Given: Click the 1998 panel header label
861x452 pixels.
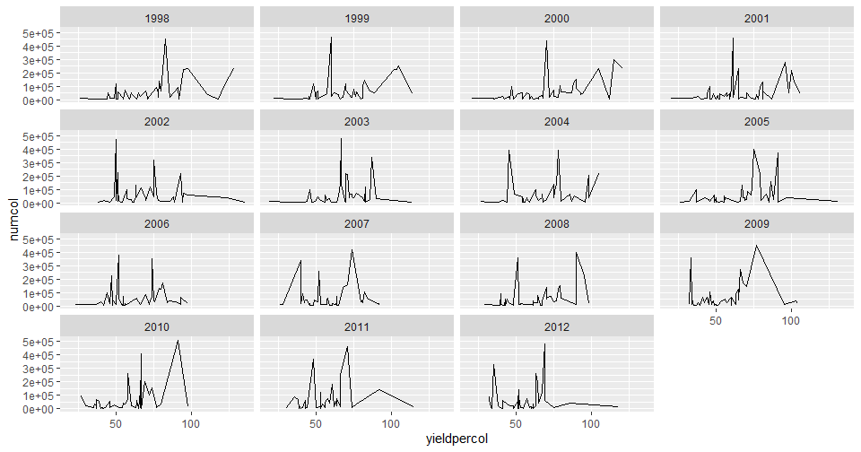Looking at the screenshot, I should [157, 18].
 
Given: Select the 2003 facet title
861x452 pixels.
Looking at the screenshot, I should [357, 121].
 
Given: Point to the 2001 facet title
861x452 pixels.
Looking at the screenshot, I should [758, 18].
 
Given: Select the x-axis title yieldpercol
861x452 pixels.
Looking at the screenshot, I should [459, 439].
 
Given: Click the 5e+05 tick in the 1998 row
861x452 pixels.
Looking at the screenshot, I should [40, 33].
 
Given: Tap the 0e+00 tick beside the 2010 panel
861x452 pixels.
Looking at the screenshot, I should [40, 409].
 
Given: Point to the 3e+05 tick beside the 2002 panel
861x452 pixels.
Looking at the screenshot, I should [40, 163].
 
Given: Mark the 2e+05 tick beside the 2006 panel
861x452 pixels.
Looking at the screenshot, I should [40, 280].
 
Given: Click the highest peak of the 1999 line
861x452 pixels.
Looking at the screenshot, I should [331, 37].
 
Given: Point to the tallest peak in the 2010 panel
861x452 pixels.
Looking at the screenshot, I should [178, 341].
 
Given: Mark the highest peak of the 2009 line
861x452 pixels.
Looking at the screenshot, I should [757, 246].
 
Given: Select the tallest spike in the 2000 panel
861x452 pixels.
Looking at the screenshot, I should [546, 40].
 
